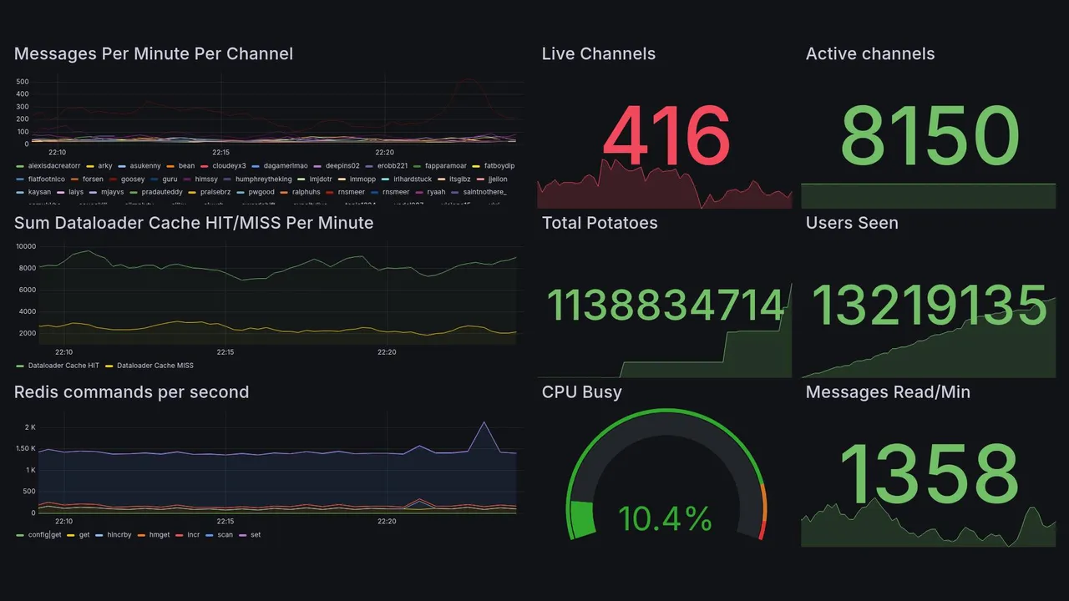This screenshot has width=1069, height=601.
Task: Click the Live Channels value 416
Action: point(666,136)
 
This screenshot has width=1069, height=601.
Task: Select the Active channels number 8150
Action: point(929,136)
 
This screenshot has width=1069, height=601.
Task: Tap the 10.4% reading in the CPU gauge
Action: point(665,519)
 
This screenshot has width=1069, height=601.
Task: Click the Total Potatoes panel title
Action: point(600,223)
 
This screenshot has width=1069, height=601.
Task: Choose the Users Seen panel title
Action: point(852,223)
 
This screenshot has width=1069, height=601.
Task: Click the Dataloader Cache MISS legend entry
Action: point(155,366)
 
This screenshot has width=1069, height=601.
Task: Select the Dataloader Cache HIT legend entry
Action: point(63,366)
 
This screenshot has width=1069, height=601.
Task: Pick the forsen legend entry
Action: point(93,179)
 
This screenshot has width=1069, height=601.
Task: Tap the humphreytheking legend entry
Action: point(263,179)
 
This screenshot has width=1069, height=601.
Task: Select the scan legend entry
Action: point(225,535)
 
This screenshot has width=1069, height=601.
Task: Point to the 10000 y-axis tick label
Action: point(25,246)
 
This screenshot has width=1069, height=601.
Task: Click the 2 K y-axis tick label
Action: point(30,427)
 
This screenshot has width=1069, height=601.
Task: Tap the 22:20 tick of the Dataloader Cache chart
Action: point(387,352)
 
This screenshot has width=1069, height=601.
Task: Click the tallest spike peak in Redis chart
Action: point(484,422)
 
